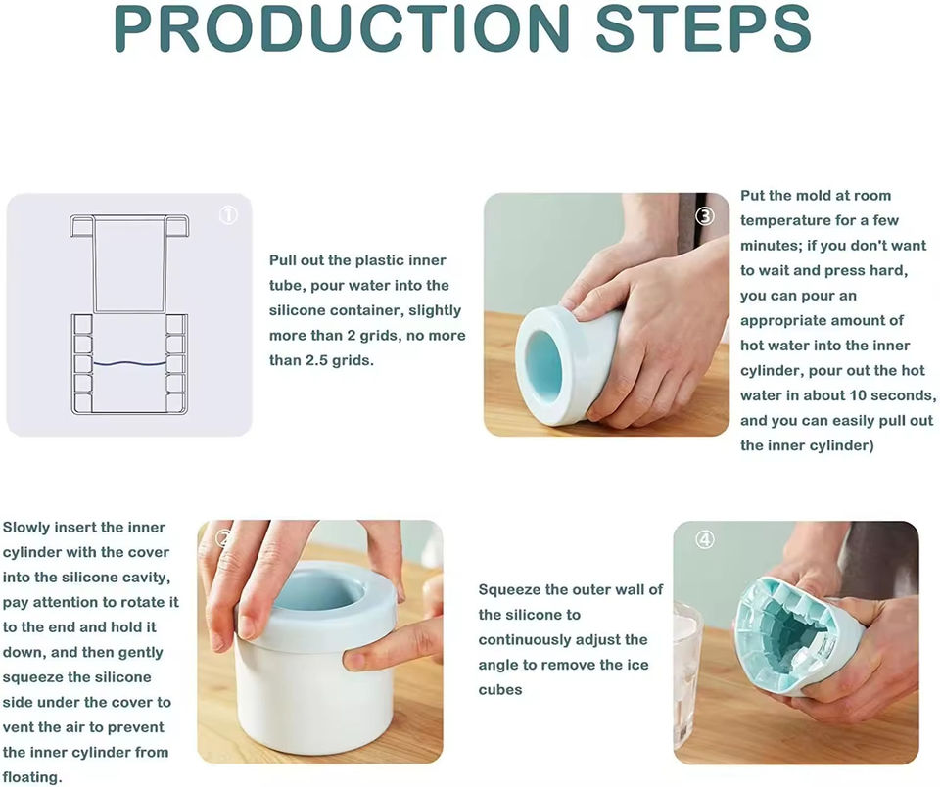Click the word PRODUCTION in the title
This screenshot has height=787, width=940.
pyautogui.click(x=341, y=27)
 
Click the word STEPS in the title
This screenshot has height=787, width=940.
pyautogui.click(x=703, y=27)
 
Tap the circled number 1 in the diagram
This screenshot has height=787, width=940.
pyautogui.click(x=228, y=215)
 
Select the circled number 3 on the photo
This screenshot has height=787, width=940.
pyautogui.click(x=705, y=215)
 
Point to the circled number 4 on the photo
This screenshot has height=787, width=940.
pyautogui.click(x=705, y=540)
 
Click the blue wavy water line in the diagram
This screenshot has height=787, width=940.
pyautogui.click(x=129, y=363)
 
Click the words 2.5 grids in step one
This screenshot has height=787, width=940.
pyautogui.click(x=340, y=361)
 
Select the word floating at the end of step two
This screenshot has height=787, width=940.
pyautogui.click(x=31, y=777)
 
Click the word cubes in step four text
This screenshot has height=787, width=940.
pyautogui.click(x=500, y=690)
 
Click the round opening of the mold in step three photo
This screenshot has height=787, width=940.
pyautogui.click(x=543, y=365)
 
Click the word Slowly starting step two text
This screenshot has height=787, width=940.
pyautogui.click(x=23, y=528)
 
